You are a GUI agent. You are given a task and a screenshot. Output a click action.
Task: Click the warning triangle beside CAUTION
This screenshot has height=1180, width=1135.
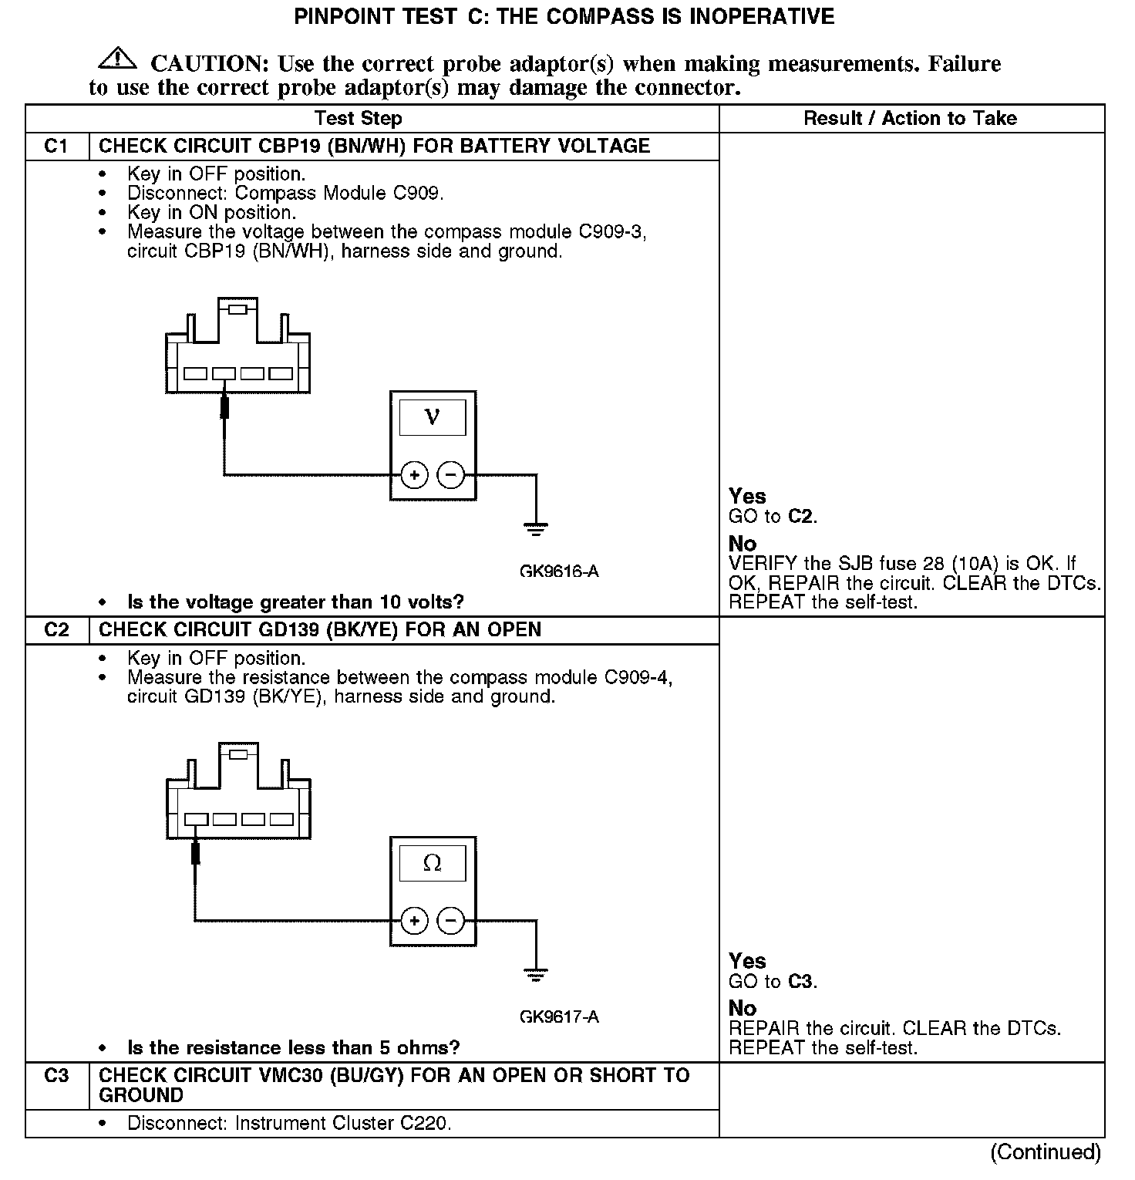pos(117,58)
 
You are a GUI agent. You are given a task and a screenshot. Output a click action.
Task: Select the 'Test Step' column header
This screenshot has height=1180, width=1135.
pos(358,118)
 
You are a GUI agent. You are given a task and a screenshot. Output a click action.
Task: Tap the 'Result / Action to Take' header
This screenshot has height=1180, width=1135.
pos(910,118)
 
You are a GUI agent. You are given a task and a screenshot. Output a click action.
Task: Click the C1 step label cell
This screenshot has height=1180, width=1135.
pos(56,147)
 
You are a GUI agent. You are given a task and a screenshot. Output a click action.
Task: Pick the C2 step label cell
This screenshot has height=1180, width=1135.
pos(56,630)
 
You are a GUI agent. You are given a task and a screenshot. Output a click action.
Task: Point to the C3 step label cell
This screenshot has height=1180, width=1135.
pos(56,1076)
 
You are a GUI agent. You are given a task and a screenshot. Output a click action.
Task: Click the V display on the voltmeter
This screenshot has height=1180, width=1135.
pos(432,417)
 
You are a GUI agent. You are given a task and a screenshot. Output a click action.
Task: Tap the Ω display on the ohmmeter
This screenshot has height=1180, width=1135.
pos(432,863)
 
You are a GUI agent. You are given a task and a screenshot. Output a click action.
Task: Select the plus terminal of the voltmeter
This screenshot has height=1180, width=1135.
pos(415,474)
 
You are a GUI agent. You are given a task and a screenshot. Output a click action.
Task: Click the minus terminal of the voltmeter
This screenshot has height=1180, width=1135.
pos(451,474)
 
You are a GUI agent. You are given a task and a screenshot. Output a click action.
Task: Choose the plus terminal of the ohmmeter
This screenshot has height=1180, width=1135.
pos(415,920)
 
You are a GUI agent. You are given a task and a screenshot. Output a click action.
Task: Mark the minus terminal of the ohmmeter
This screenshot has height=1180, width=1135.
pos(451,920)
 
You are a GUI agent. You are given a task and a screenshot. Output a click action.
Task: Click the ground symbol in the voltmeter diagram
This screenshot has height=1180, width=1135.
pos(536,529)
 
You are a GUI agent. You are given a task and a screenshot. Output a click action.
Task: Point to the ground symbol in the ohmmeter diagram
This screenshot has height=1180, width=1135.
pos(536,975)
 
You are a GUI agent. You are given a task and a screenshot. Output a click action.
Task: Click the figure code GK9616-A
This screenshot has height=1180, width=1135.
pos(559,571)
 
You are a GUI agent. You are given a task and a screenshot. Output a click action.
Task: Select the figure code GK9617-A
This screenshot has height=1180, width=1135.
pos(559,1017)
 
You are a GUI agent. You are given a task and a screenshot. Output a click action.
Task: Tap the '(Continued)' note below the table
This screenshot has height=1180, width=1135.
pos(1046,1151)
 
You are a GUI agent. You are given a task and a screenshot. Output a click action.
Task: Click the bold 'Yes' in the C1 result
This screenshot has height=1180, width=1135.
pos(747,496)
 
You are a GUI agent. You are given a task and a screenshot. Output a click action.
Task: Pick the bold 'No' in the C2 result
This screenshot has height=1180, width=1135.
pos(743,1008)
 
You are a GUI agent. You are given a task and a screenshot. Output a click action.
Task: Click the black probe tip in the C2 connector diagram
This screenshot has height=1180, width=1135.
pos(196,853)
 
